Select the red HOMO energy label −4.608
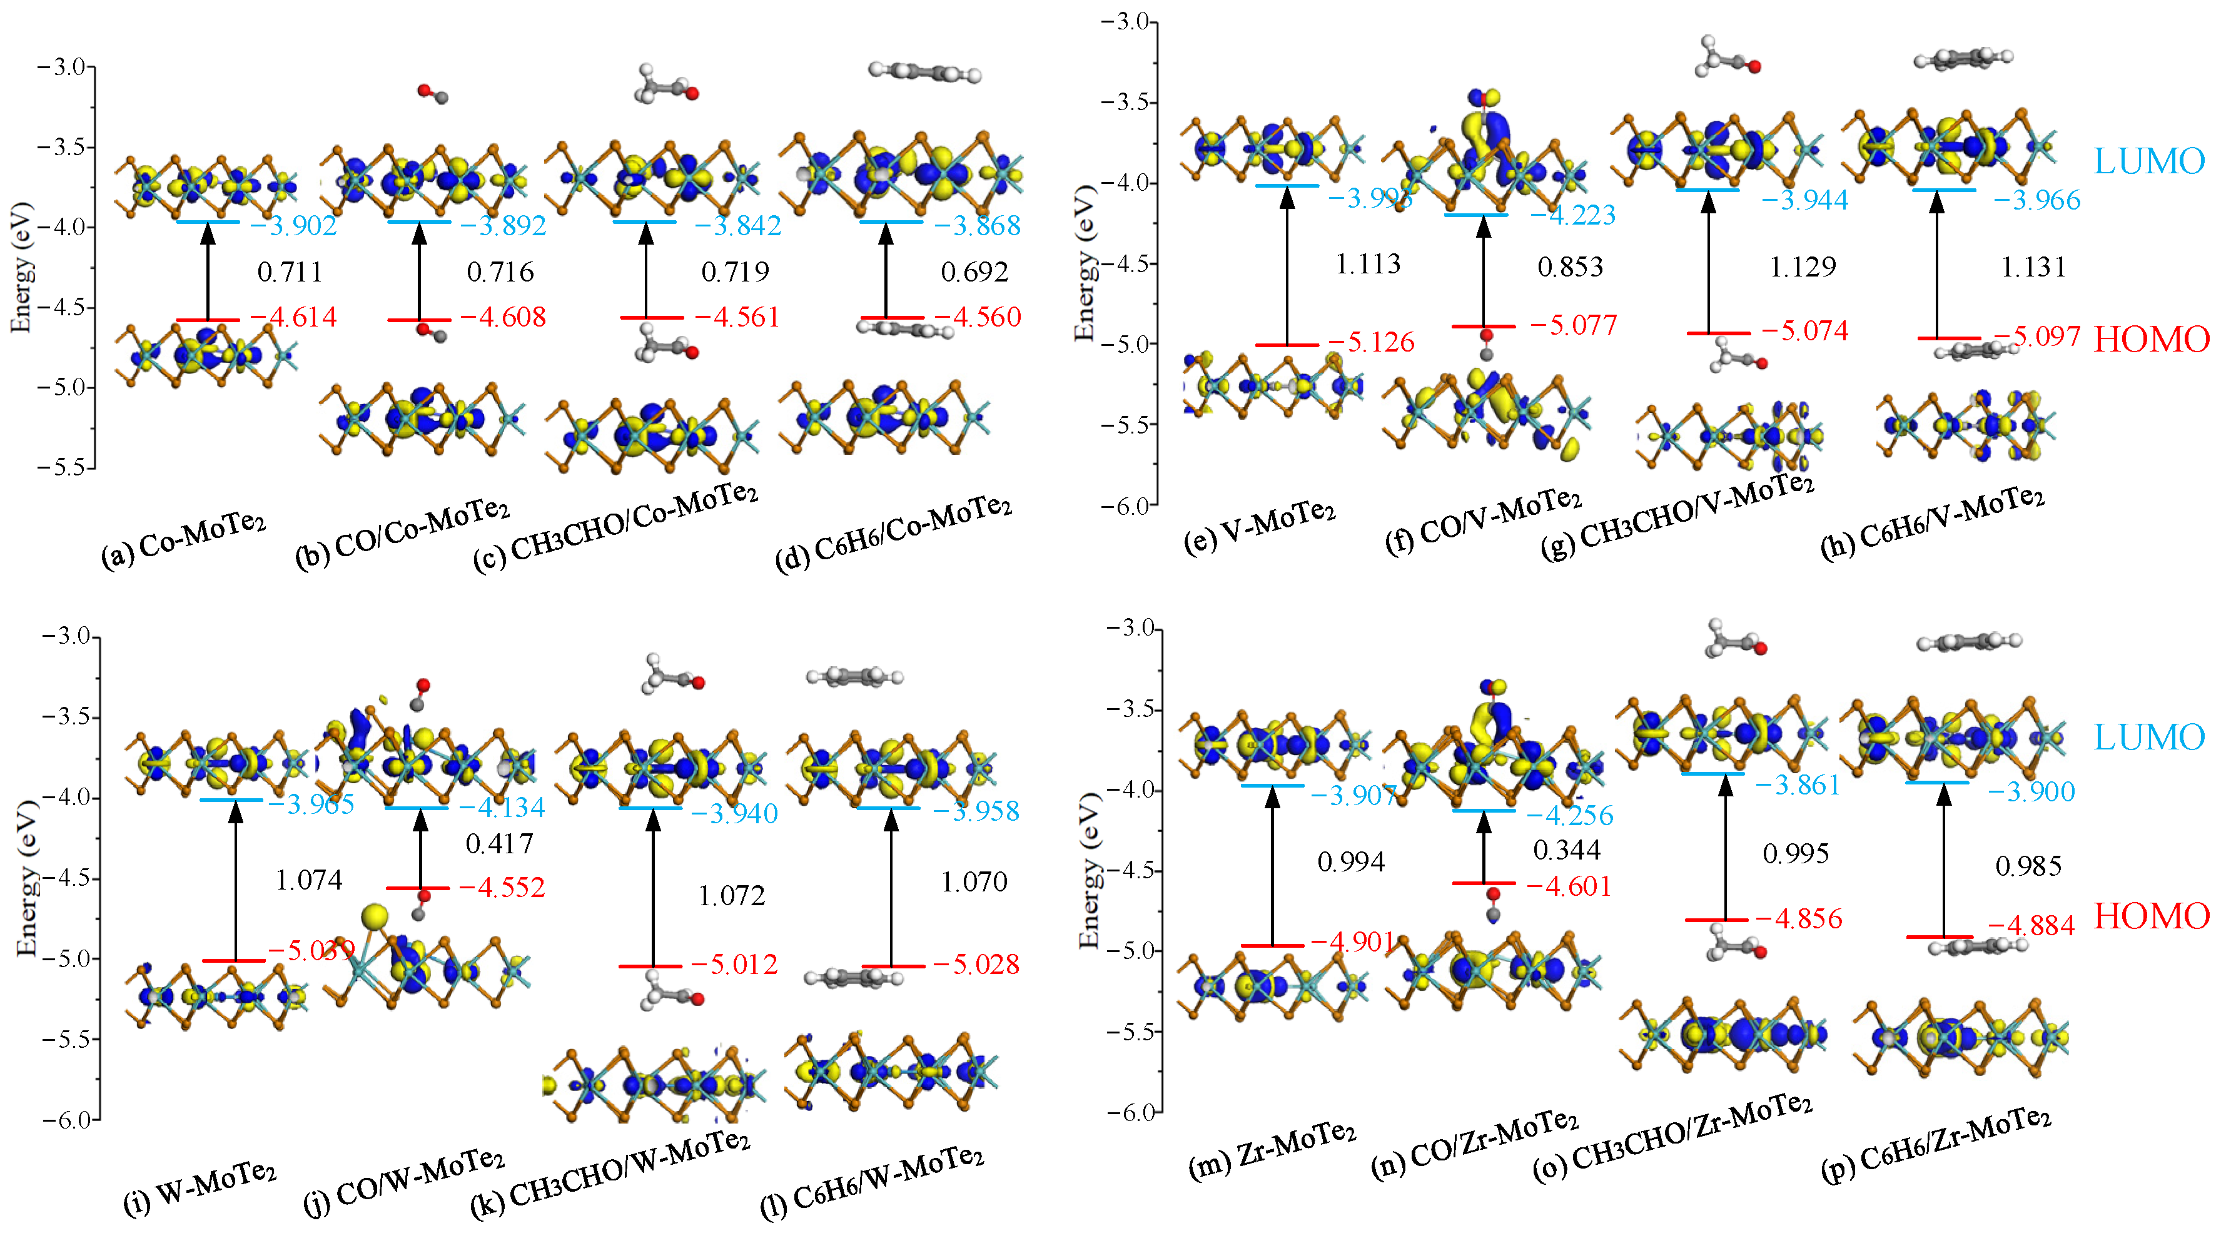(503, 317)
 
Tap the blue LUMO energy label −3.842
(738, 226)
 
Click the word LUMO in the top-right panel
(2148, 161)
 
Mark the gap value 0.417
(499, 843)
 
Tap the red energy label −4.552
(502, 888)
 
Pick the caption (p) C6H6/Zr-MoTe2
(1936, 1144)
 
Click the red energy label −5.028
(976, 964)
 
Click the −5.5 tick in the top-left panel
(66, 467)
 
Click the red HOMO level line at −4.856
(1716, 920)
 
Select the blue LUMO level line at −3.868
(891, 222)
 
